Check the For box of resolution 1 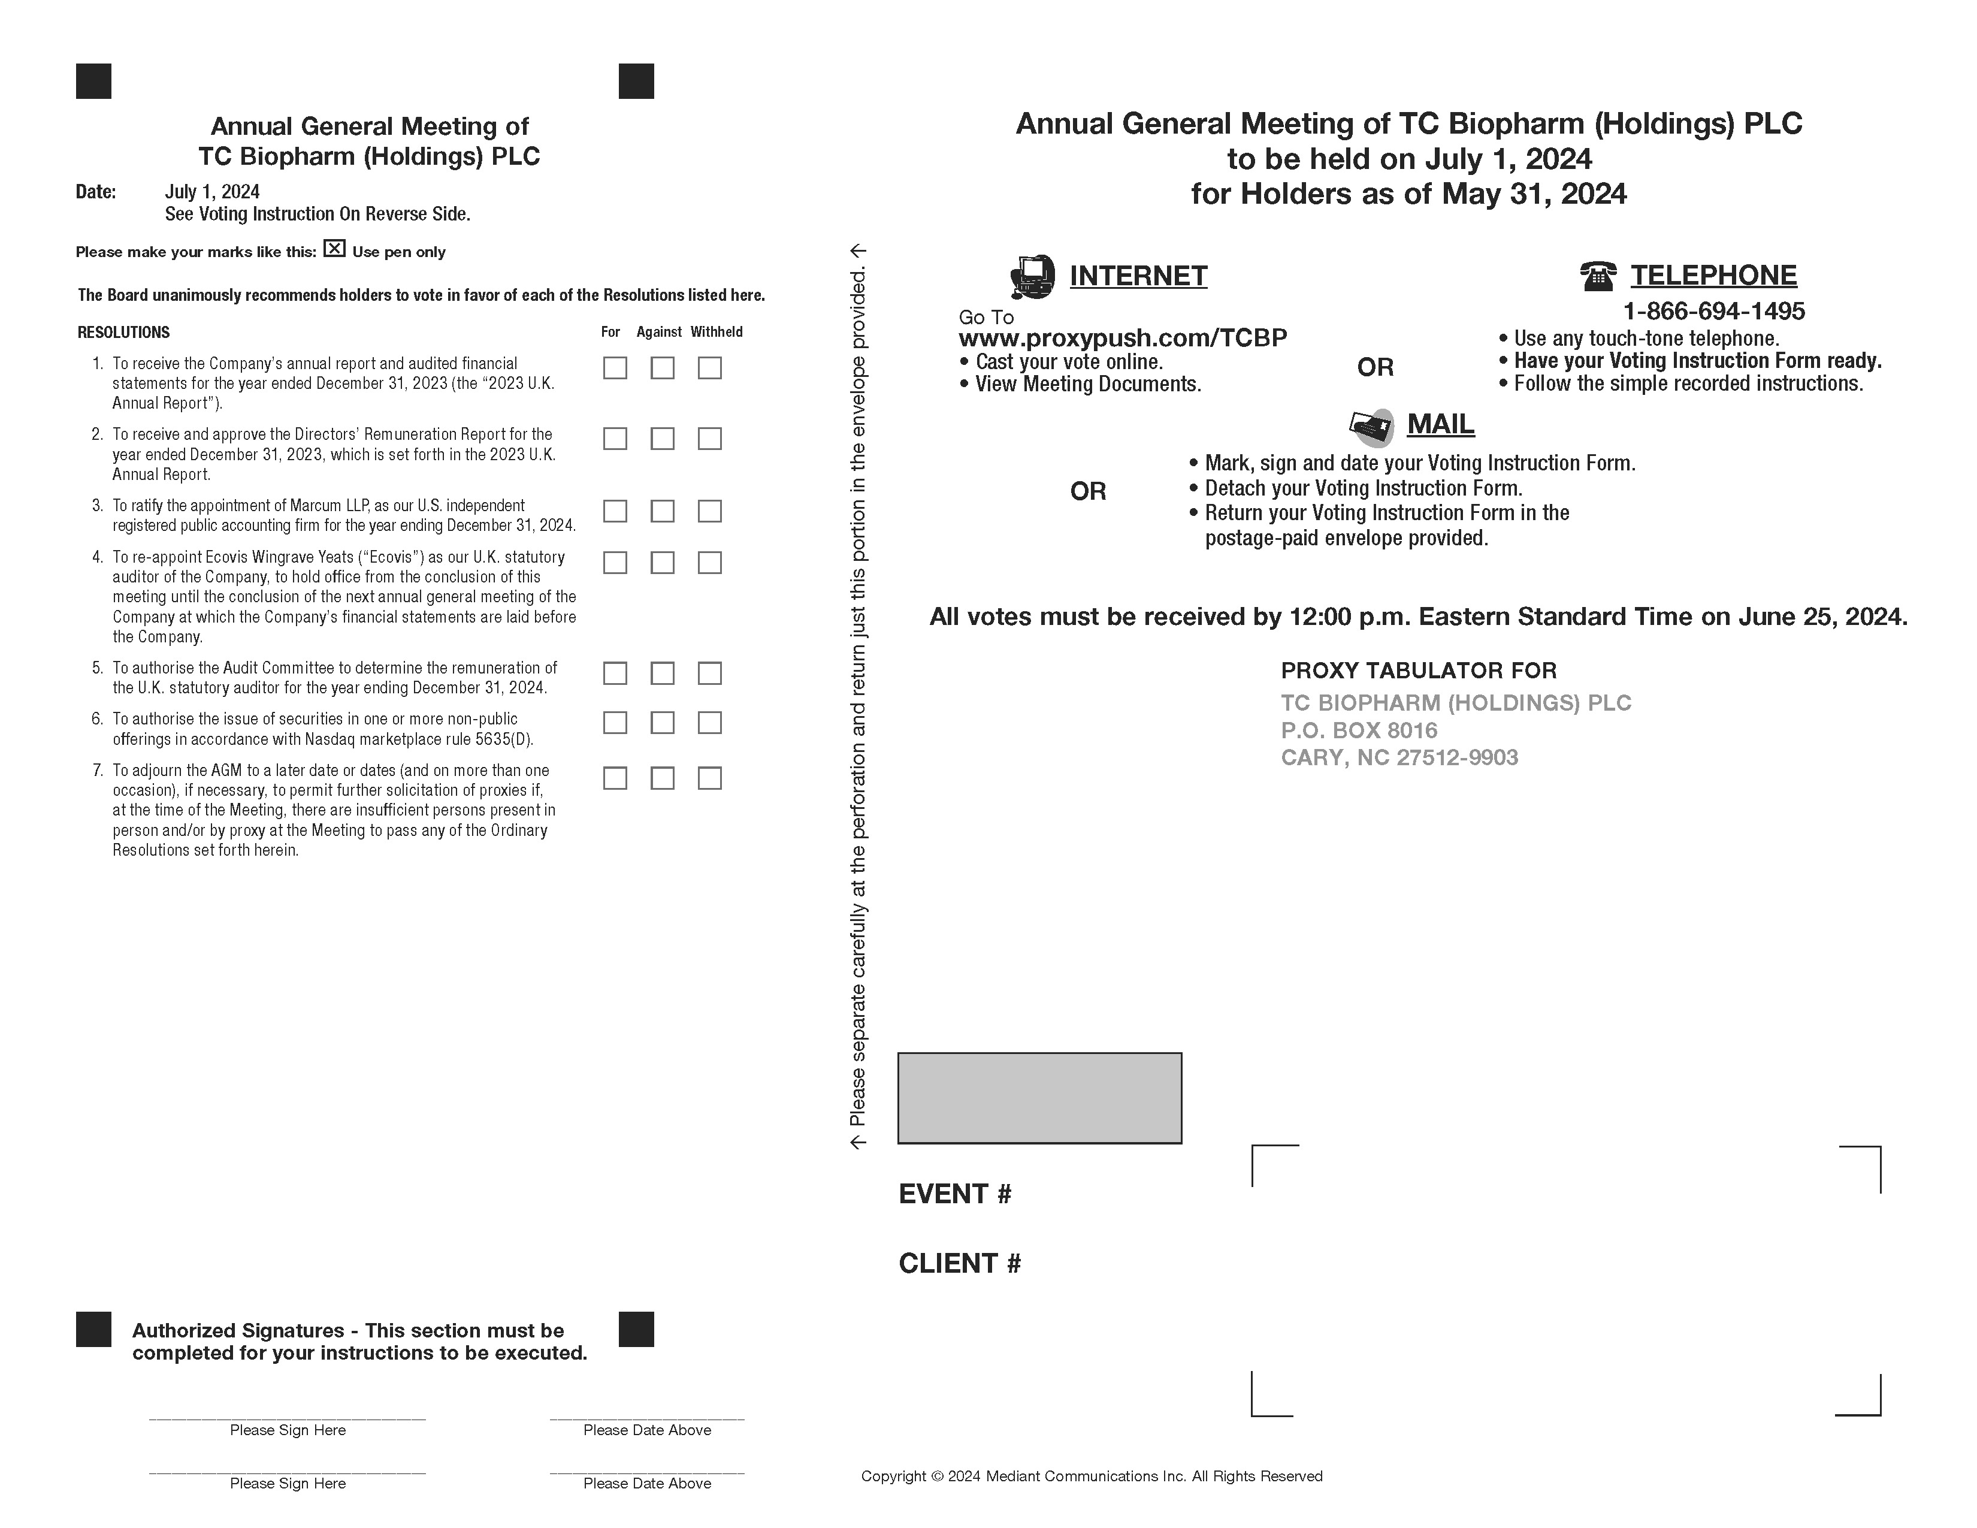pos(615,367)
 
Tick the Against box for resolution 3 pos(663,512)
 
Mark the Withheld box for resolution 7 pos(710,778)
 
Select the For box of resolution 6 pos(615,723)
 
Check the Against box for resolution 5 pos(663,674)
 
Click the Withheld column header pos(716,332)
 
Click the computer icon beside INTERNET pos(1032,276)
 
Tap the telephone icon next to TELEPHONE pos(1598,275)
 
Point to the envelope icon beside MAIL pos(1371,427)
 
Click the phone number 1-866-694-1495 pos(1713,312)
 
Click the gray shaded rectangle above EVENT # pos(1039,1098)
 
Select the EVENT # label pos(955,1194)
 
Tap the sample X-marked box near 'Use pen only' pos(335,248)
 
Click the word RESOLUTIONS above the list pos(124,332)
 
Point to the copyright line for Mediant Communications pos(1092,1476)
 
